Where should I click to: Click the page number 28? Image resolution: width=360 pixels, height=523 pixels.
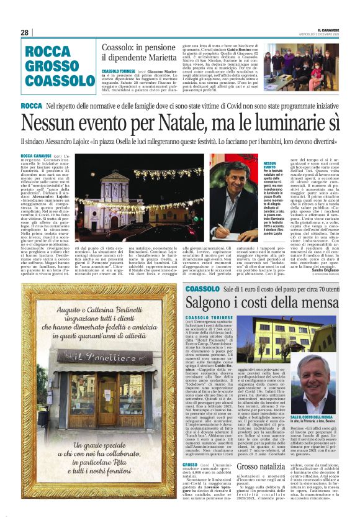[24, 32]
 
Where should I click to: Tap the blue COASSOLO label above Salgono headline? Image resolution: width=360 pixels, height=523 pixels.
[202, 289]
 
